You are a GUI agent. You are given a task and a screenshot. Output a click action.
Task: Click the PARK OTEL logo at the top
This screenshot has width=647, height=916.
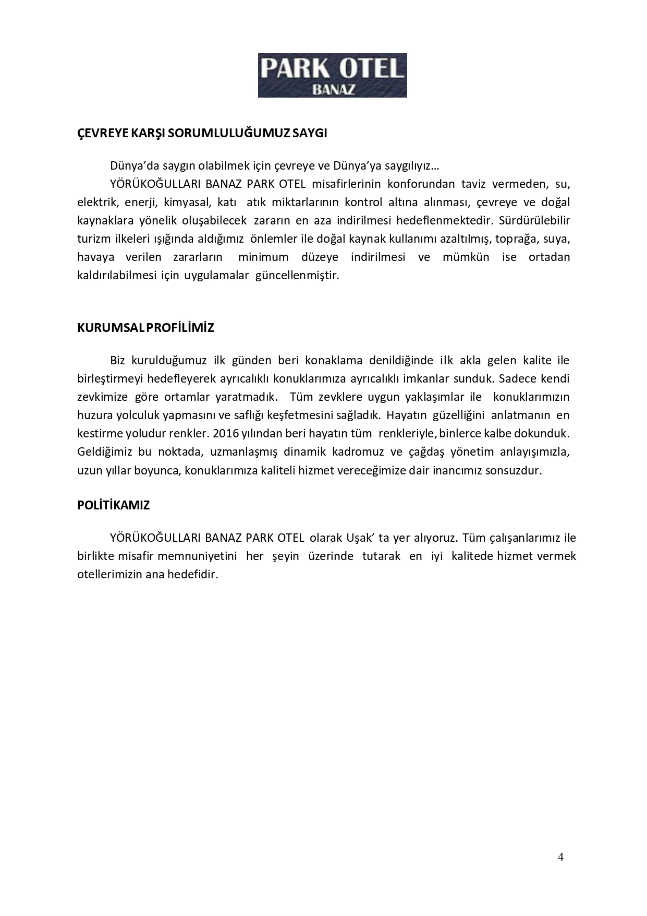point(332,75)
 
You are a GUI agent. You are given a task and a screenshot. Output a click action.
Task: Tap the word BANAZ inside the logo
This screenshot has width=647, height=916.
point(333,89)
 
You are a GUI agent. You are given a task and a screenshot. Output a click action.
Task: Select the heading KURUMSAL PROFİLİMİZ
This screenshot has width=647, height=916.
point(145,328)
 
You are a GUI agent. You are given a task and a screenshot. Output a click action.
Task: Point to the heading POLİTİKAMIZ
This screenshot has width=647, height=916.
point(113,505)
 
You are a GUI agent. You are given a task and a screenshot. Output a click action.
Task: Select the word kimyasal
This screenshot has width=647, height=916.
point(186,202)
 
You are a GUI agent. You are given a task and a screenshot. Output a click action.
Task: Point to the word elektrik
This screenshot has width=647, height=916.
point(96,202)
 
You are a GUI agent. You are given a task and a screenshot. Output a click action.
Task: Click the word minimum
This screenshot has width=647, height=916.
point(263,257)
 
